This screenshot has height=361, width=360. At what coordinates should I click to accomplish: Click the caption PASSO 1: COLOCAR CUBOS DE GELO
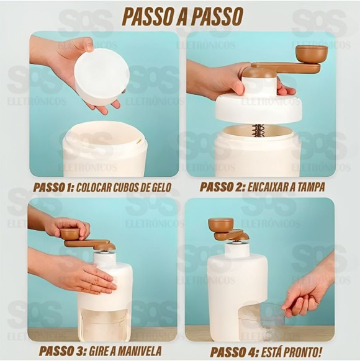(101, 187)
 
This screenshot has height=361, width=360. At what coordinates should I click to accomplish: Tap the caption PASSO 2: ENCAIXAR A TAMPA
(263, 187)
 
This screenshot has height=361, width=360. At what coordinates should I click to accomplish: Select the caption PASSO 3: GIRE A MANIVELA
(101, 350)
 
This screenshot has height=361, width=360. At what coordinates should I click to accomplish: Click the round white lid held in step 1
(101, 76)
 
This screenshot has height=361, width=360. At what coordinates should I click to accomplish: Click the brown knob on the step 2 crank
(311, 53)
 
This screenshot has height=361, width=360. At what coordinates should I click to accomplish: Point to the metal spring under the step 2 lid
(258, 130)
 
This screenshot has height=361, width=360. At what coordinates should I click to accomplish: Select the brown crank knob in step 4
(220, 224)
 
